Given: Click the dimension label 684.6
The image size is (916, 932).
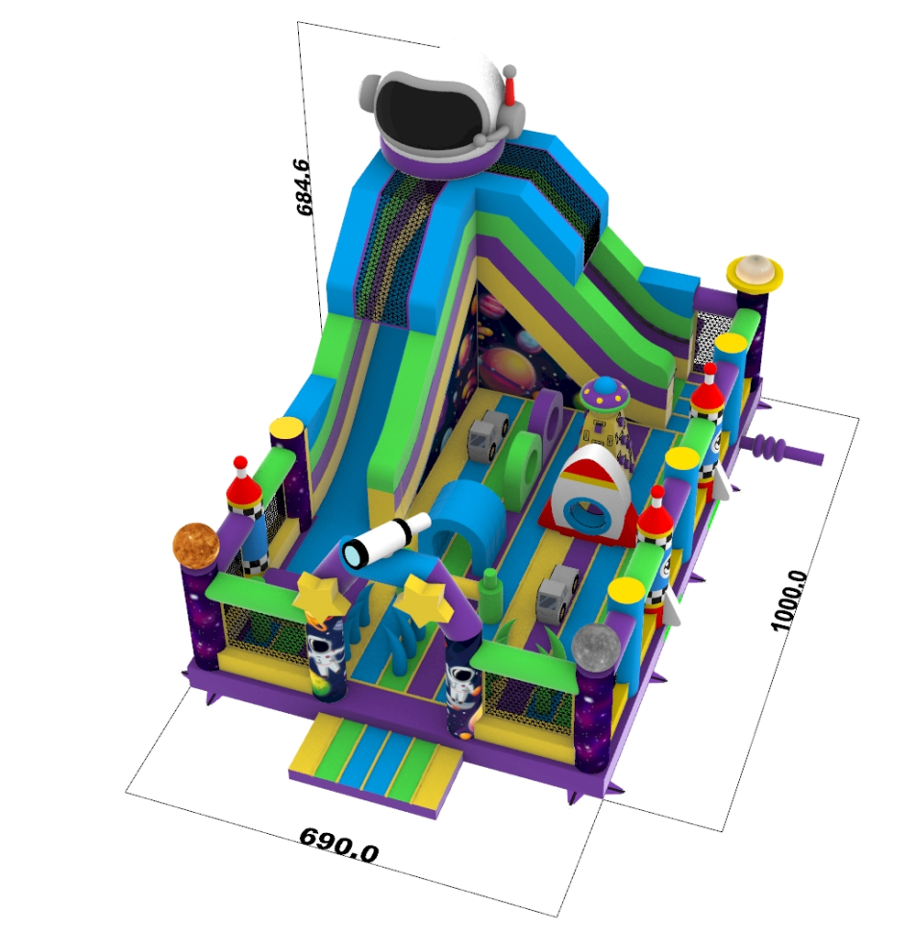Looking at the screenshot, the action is pyautogui.click(x=302, y=186).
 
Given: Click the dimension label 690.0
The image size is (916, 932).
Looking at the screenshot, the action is pyautogui.click(x=338, y=844).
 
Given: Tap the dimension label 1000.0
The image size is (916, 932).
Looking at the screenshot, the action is pyautogui.click(x=789, y=601).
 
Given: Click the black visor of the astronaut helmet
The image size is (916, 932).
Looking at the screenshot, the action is pyautogui.click(x=430, y=113).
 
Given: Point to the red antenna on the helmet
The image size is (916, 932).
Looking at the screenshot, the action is pyautogui.click(x=510, y=87).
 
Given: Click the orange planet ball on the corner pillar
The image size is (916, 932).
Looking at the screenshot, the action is pyautogui.click(x=195, y=543).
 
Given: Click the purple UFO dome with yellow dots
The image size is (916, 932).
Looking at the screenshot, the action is pyautogui.click(x=605, y=393).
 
